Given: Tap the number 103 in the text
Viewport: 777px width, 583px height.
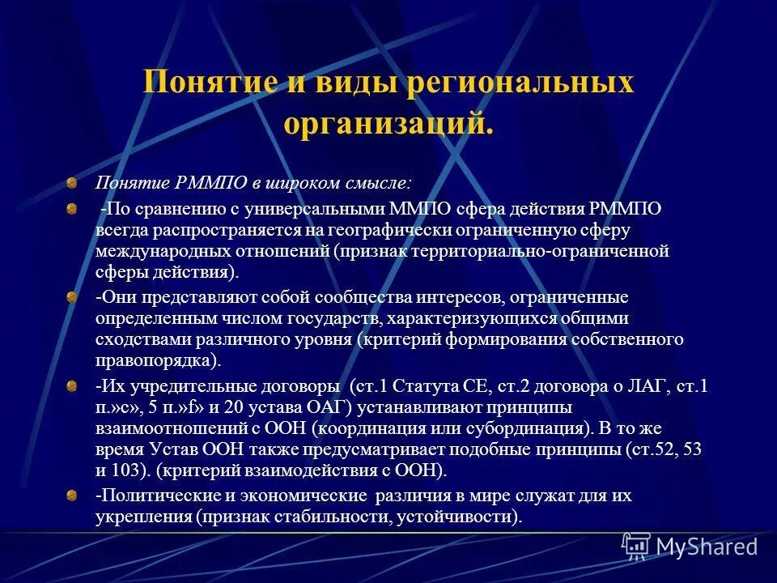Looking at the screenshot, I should tap(134, 469).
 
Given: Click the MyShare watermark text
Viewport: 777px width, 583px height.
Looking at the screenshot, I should tap(707, 547).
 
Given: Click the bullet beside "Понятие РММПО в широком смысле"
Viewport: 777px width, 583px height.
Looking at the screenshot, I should tap(72, 183).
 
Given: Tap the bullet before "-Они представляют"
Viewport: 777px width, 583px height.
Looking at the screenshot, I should tap(72, 298).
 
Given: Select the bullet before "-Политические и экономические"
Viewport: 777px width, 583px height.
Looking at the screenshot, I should tap(72, 496).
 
